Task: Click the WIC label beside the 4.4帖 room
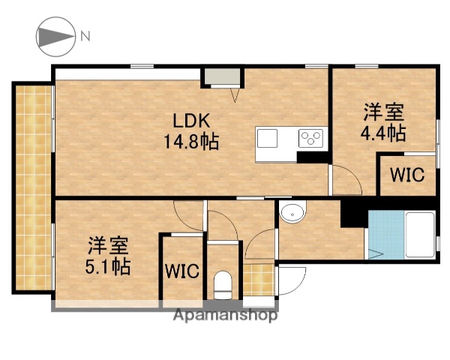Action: tap(406, 175)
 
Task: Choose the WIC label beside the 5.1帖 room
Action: tap(182, 270)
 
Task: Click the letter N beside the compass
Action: tap(85, 35)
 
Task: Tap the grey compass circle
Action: tap(54, 35)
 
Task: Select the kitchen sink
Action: tap(267, 139)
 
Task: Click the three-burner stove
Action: tap(311, 138)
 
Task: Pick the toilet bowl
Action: tap(223, 283)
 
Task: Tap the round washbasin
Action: tap(291, 214)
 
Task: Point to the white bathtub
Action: tap(419, 235)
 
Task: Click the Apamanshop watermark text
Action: tap(225, 315)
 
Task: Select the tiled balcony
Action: tap(32, 187)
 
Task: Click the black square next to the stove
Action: tap(310, 156)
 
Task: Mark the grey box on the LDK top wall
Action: tap(223, 76)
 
